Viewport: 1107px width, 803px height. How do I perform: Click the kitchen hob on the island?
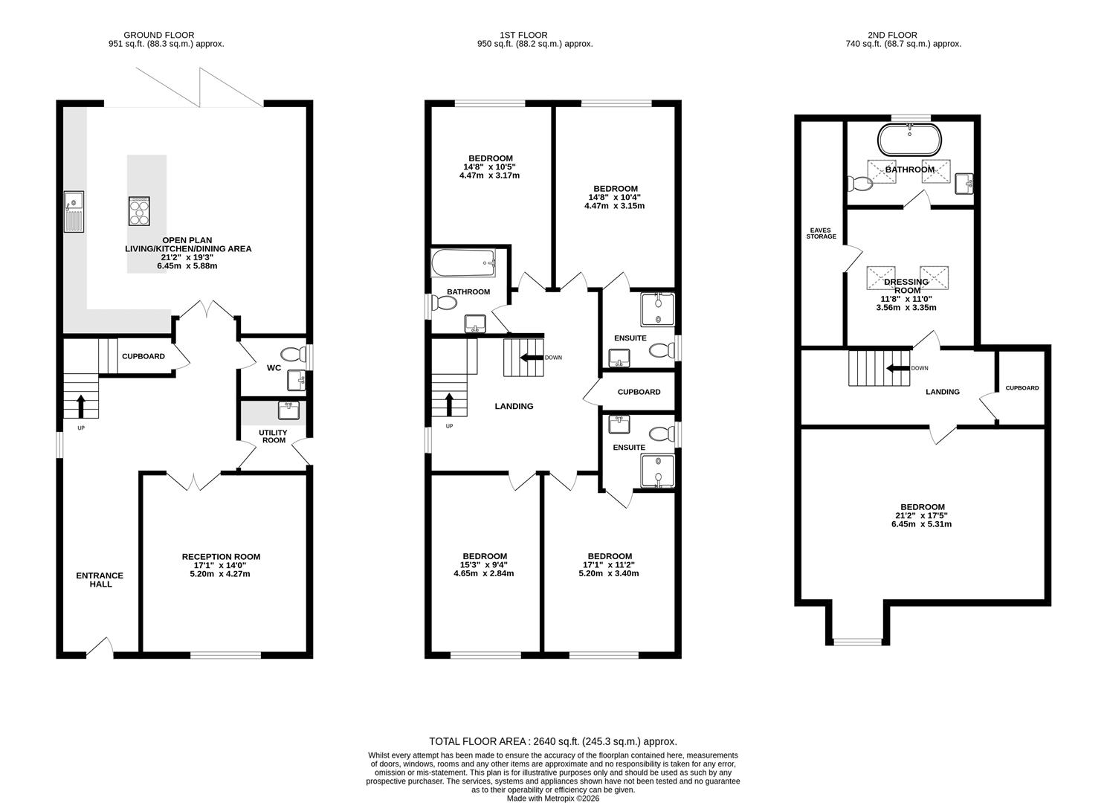pyautogui.click(x=139, y=211)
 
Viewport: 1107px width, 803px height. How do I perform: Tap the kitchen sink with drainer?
pyautogui.click(x=74, y=212)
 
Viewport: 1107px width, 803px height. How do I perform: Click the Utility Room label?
pyautogui.click(x=274, y=436)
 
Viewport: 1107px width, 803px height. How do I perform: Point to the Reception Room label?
pyautogui.click(x=221, y=557)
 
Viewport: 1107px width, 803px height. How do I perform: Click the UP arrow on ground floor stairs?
pyautogui.click(x=81, y=406)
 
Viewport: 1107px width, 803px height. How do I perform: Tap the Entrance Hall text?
pyautogui.click(x=100, y=580)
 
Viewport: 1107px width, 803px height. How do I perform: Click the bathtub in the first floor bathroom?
pyautogui.click(x=464, y=263)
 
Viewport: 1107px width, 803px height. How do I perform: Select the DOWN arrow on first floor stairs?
pyautogui.click(x=532, y=358)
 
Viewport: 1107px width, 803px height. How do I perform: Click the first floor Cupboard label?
pyautogui.click(x=639, y=392)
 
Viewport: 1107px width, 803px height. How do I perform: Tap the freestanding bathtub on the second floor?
pyautogui.click(x=909, y=140)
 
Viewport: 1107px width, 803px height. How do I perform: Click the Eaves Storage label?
pyautogui.click(x=821, y=233)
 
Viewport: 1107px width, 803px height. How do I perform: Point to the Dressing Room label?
pyautogui.click(x=906, y=286)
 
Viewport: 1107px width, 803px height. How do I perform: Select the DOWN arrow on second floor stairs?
pyautogui.click(x=898, y=368)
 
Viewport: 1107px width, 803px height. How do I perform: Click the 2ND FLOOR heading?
pyautogui.click(x=893, y=35)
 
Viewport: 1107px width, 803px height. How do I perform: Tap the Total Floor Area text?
pyautogui.click(x=553, y=741)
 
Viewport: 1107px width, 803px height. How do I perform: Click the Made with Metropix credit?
pyautogui.click(x=553, y=798)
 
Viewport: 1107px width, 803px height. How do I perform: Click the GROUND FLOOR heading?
pyautogui.click(x=158, y=35)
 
